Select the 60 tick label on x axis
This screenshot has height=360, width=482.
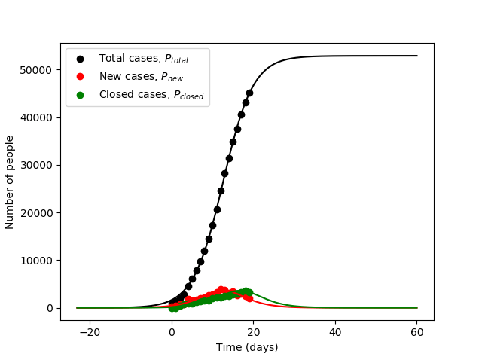click(416, 332)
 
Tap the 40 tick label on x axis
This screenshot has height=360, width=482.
click(335, 332)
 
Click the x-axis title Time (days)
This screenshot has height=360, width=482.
click(247, 347)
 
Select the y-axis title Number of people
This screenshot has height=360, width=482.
click(11, 182)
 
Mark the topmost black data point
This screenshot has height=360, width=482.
click(249, 93)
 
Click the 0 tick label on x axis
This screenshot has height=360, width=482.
click(172, 332)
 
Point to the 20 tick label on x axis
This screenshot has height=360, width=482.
click(253, 332)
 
